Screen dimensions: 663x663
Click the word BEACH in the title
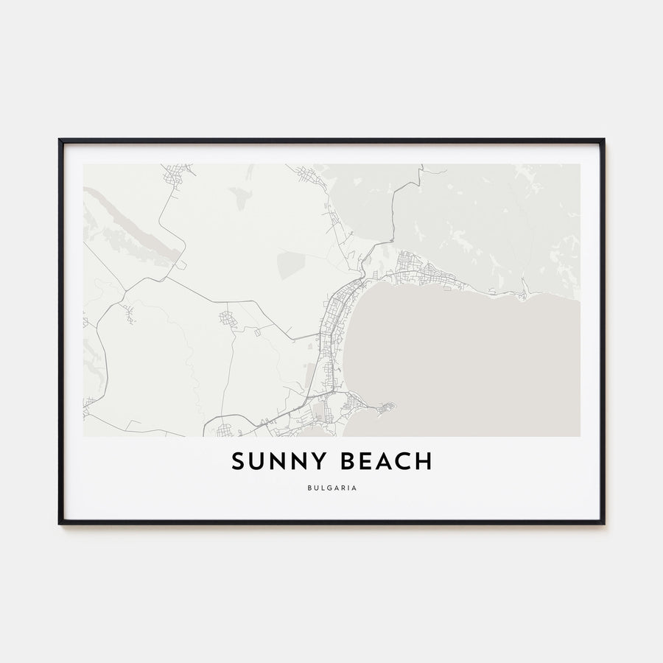point(384,462)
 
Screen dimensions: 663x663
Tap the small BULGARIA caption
point(331,487)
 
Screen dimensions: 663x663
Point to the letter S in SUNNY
point(238,462)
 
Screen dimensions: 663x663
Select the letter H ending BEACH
point(424,462)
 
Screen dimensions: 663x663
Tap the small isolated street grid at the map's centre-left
point(226,318)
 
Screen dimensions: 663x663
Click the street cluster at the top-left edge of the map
point(178,172)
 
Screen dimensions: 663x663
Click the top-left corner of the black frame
point(60,140)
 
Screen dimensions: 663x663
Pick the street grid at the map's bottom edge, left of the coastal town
point(225,429)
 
